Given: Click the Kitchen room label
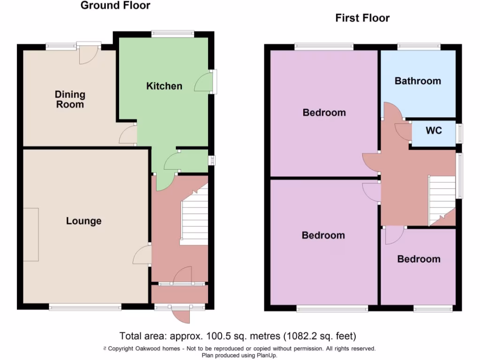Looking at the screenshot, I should [164, 86].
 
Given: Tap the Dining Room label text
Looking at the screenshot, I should [70, 99].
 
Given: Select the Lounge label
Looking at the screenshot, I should [83, 221].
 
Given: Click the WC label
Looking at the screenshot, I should [434, 131].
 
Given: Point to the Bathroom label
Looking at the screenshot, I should [418, 81].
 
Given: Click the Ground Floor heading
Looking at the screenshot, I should [115, 6].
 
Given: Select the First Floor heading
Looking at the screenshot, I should [362, 18].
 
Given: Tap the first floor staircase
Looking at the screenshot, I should [442, 199].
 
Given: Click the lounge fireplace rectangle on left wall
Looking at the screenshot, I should [31, 234].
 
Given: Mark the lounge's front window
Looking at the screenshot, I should [85, 307].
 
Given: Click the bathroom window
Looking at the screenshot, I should [419, 46].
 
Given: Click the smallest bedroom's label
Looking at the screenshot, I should [419, 259].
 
